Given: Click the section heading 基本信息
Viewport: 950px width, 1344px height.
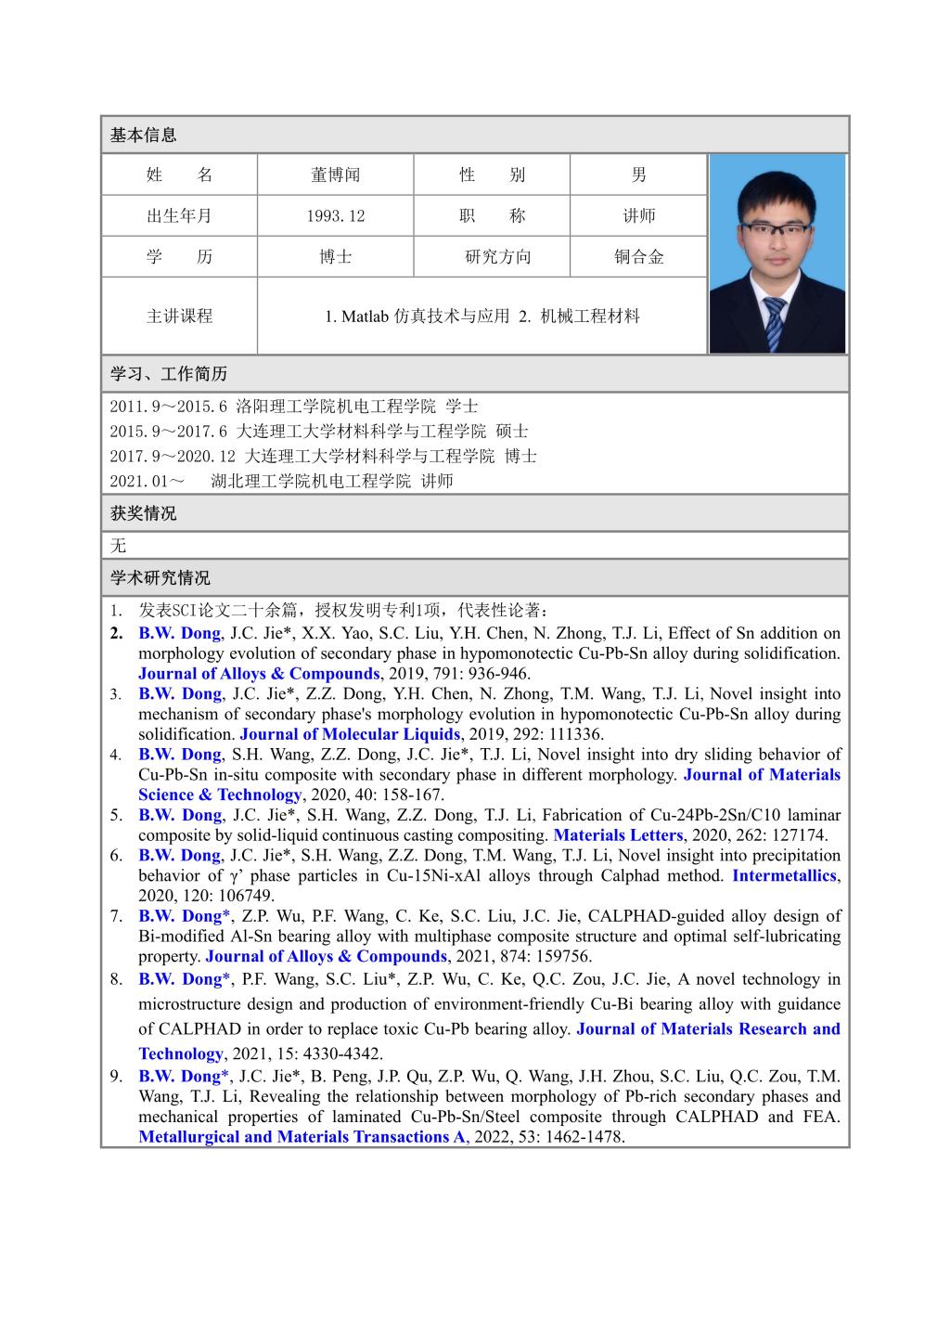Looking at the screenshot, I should (x=143, y=136).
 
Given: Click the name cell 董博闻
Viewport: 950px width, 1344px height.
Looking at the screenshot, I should (x=335, y=175).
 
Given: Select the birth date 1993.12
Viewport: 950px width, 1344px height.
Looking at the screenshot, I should (x=335, y=216).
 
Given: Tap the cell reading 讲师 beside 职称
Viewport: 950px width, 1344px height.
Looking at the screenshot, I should (x=638, y=216).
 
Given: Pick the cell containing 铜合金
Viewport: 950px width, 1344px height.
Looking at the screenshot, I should (x=638, y=257).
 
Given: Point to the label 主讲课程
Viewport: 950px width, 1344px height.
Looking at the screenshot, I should (x=179, y=317).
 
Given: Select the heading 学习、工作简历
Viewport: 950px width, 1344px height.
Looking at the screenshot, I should (x=168, y=375).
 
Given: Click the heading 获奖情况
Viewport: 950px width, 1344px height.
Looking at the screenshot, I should (x=143, y=513).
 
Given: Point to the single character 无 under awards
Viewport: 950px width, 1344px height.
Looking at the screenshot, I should (x=118, y=546).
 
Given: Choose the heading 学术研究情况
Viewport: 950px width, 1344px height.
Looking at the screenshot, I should (x=160, y=578).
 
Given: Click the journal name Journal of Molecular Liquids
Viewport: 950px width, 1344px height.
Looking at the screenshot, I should (x=350, y=734).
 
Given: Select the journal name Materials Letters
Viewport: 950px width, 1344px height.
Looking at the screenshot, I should (x=618, y=835).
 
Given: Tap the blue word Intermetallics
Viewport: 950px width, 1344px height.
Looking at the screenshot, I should (x=784, y=875).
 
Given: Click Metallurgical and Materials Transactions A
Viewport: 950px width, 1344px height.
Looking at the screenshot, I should (x=302, y=1137).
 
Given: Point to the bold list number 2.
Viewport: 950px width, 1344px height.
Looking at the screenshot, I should (x=116, y=634).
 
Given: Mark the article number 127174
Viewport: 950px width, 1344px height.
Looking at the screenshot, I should (x=798, y=835).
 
